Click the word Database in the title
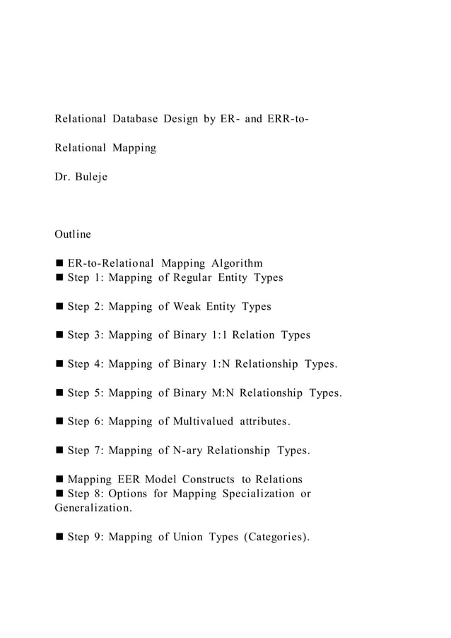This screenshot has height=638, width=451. (x=136, y=118)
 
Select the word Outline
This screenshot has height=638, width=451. (x=73, y=233)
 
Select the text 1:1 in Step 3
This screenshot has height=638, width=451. (x=223, y=335)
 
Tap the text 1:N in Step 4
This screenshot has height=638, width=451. (x=223, y=364)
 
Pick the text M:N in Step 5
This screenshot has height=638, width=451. (x=224, y=393)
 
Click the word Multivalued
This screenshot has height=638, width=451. (x=195, y=422)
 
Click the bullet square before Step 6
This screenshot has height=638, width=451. (x=59, y=422)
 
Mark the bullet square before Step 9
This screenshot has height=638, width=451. (x=59, y=538)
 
